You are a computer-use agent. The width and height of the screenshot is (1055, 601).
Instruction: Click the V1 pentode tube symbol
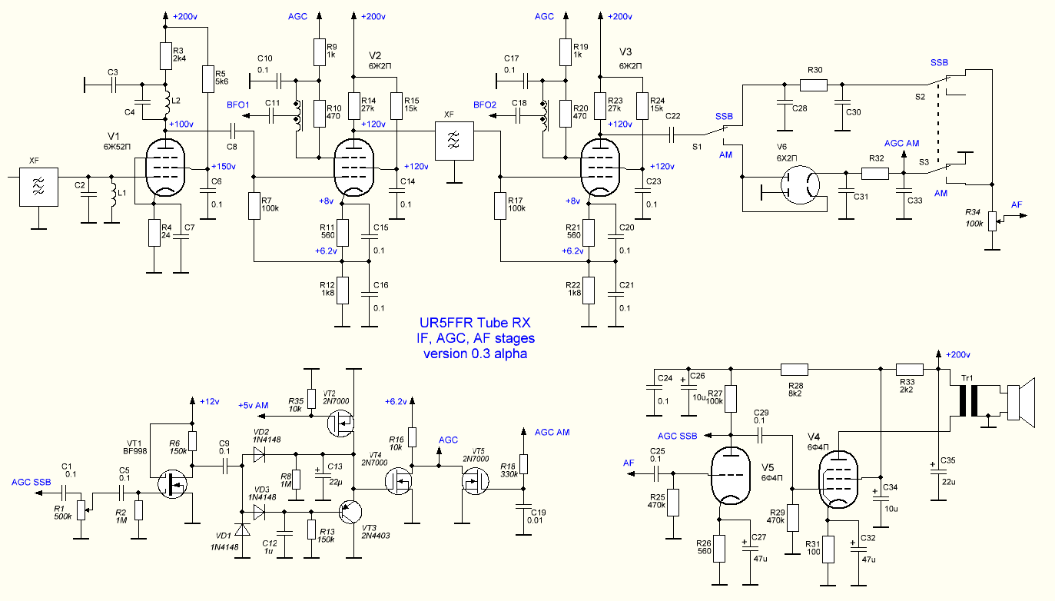(x=165, y=168)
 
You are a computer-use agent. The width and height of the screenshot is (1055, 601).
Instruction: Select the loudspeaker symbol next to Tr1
(x=1021, y=402)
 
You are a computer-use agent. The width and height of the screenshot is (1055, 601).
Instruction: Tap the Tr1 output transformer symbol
(x=968, y=400)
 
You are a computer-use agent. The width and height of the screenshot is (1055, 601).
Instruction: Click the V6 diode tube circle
(x=800, y=184)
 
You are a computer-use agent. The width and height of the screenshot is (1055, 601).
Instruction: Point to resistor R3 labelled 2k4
(x=165, y=56)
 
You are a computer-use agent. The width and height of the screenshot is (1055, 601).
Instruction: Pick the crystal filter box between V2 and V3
(x=454, y=141)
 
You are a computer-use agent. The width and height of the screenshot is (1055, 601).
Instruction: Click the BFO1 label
(x=238, y=105)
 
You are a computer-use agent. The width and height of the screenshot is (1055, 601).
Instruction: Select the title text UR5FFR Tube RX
(x=475, y=323)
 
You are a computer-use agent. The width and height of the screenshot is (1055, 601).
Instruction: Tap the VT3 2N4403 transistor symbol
(x=350, y=512)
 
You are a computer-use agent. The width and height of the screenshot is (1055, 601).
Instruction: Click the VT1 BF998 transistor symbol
(x=172, y=484)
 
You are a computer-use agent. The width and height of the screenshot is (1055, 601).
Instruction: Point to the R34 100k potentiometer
(x=992, y=221)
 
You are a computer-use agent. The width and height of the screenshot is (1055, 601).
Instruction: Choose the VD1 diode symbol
(x=243, y=530)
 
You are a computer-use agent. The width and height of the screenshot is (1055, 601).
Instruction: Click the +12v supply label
(x=210, y=402)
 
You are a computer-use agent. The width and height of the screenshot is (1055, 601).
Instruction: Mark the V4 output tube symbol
(x=838, y=480)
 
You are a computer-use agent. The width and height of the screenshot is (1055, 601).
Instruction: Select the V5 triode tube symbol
(x=730, y=476)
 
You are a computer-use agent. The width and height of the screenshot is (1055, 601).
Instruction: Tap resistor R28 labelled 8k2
(x=795, y=370)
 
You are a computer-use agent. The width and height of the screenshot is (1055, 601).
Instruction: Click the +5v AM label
(x=254, y=406)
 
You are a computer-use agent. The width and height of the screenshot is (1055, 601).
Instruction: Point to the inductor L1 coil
(x=113, y=191)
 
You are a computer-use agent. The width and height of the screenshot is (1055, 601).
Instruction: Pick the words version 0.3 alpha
(x=475, y=354)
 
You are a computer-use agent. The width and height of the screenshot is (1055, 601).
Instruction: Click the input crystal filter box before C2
(x=38, y=187)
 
